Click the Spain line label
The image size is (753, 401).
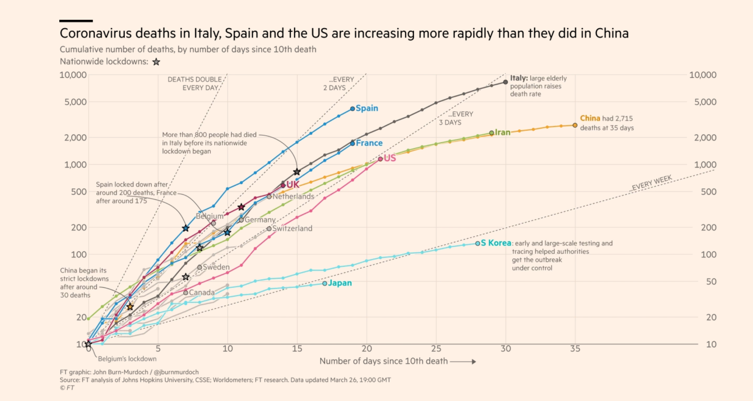(367, 108)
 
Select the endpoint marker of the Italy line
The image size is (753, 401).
(505, 82)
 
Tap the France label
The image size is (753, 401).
(369, 143)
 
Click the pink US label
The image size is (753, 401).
(390, 158)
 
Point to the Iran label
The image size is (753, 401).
(502, 132)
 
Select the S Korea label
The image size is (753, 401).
(496, 243)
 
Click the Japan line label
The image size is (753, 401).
(340, 283)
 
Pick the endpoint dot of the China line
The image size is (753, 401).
(575, 126)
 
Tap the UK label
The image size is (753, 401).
(293, 185)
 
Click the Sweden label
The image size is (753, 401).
(216, 267)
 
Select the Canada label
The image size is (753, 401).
(202, 293)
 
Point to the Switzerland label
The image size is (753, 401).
(292, 228)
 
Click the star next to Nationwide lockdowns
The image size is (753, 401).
(156, 62)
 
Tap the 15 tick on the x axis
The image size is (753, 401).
(297, 349)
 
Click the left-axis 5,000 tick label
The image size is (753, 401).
(75, 102)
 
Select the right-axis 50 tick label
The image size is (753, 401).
(711, 282)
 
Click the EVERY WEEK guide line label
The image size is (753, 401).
(652, 183)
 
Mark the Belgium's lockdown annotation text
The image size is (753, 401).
(127, 359)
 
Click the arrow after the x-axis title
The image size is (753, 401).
(463, 361)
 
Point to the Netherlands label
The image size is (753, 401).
(293, 196)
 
